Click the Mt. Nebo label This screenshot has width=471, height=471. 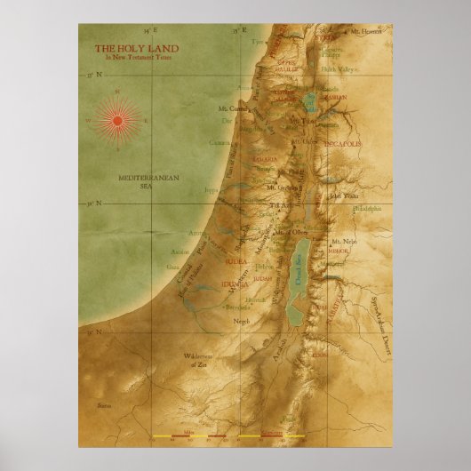tap(342, 241)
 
